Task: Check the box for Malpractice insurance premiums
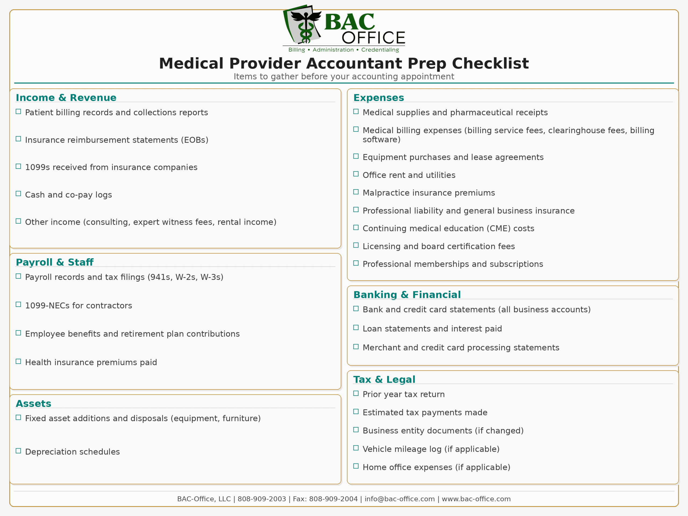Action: click(x=356, y=192)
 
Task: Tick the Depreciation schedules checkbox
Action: click(x=18, y=451)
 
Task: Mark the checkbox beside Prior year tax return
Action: click(x=356, y=393)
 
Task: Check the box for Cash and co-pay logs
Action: click(x=18, y=194)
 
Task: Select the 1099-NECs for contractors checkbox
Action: click(x=18, y=304)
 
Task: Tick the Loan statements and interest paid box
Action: click(x=356, y=328)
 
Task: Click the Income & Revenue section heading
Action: click(x=66, y=98)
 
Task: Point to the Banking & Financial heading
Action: click(x=407, y=295)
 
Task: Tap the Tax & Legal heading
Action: click(x=384, y=379)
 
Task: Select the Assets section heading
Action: click(x=34, y=403)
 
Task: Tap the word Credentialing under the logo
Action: click(x=380, y=50)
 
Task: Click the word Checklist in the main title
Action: click(x=490, y=63)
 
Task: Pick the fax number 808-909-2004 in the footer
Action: click(x=333, y=499)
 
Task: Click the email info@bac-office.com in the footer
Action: click(x=399, y=499)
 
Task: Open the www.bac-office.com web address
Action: click(x=476, y=499)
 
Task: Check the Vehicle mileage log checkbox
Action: click(x=356, y=448)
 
